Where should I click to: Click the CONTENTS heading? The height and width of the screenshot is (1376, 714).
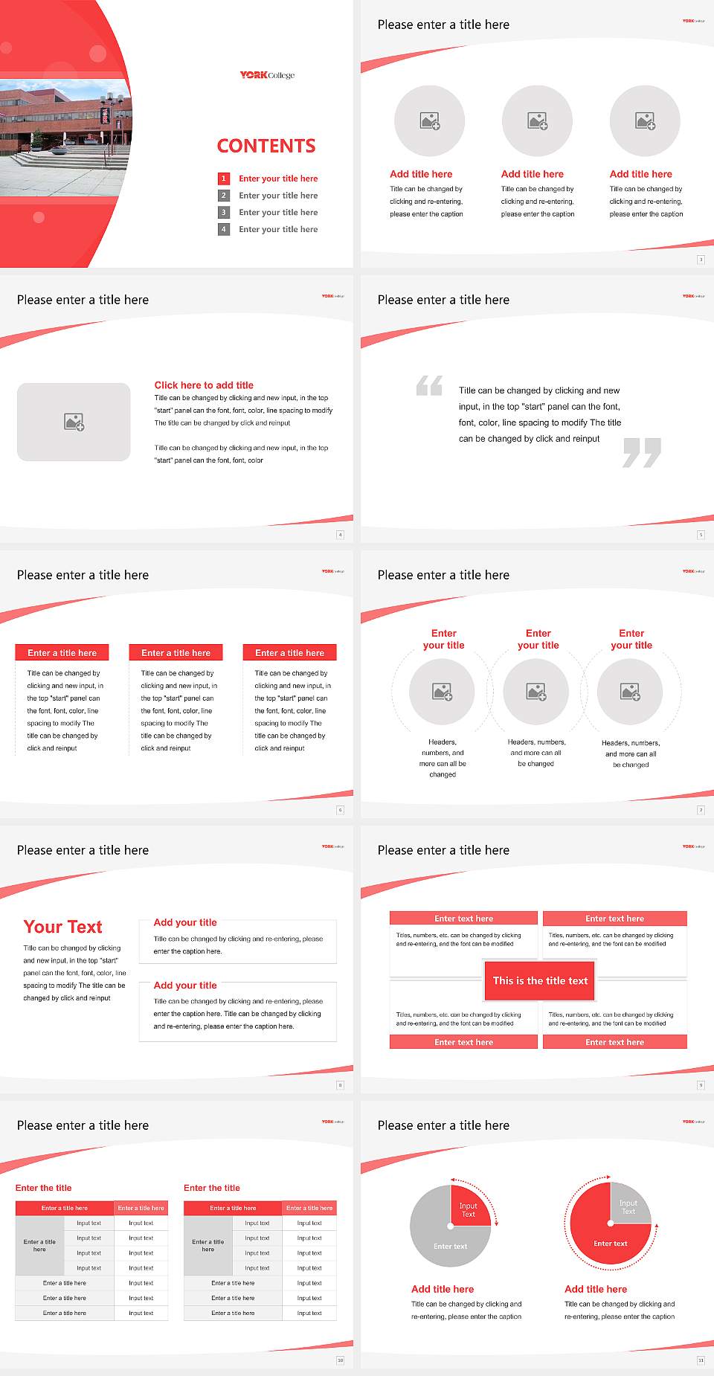pyautogui.click(x=266, y=146)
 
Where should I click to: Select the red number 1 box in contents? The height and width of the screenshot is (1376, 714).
pyautogui.click(x=223, y=179)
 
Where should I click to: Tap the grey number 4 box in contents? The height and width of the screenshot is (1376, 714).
pyautogui.click(x=223, y=229)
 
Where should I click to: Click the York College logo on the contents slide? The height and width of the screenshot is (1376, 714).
pyautogui.click(x=267, y=75)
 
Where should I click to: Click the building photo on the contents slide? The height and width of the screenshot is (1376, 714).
pyautogui.click(x=63, y=138)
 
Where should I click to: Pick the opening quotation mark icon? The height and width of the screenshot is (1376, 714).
pyautogui.click(x=429, y=385)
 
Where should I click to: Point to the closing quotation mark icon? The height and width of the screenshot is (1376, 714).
pyautogui.click(x=642, y=452)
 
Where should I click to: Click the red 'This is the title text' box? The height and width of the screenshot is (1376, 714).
pyautogui.click(x=540, y=980)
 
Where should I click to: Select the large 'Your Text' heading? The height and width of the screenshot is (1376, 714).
pyautogui.click(x=63, y=927)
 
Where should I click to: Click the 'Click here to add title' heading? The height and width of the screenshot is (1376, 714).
pyautogui.click(x=204, y=385)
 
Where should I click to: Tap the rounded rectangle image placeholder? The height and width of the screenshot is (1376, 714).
pyautogui.click(x=74, y=422)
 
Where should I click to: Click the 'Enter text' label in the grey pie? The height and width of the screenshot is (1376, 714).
pyautogui.click(x=451, y=1246)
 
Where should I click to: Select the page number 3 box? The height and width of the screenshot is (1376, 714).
pyautogui.click(x=701, y=260)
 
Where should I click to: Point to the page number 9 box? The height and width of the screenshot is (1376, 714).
pyautogui.click(x=701, y=1085)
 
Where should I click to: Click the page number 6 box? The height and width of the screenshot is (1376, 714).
pyautogui.click(x=341, y=810)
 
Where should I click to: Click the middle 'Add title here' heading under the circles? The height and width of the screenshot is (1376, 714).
pyautogui.click(x=533, y=174)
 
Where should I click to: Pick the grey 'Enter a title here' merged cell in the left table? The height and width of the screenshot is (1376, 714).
pyautogui.click(x=39, y=1245)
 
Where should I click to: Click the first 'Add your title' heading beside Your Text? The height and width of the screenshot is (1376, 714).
pyautogui.click(x=185, y=922)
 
